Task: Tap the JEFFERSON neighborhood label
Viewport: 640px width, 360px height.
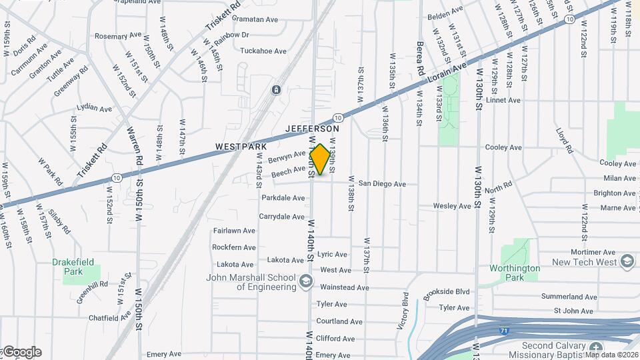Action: (312, 129)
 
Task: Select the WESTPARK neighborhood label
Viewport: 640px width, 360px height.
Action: (241, 147)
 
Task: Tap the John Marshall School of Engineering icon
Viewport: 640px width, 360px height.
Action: (306, 281)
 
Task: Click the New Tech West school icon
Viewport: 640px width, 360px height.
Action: (627, 262)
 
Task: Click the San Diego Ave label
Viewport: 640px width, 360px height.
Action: (382, 184)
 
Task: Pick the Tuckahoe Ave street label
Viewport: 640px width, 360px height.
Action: (263, 51)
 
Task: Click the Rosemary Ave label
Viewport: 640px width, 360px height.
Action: (119, 35)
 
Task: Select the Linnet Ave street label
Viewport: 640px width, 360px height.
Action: (503, 101)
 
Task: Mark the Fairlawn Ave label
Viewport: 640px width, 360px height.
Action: (234, 231)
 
